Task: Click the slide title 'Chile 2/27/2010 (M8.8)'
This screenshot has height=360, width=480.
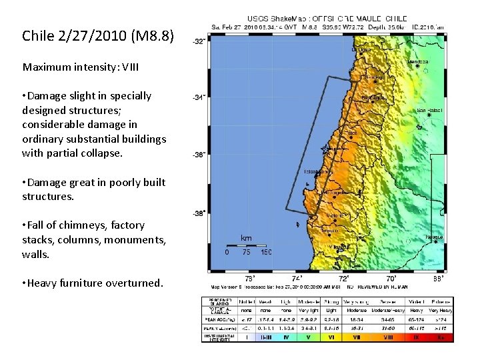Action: [x=97, y=35]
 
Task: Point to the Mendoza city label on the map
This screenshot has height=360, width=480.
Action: [x=418, y=62]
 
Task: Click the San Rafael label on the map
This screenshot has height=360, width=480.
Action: [x=429, y=111]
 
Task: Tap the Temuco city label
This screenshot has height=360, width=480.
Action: [x=329, y=231]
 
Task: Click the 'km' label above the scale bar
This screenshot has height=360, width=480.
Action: [x=246, y=238]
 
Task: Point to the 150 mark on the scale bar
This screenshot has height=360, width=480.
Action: [x=266, y=253]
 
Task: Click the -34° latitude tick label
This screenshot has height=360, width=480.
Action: [x=199, y=97]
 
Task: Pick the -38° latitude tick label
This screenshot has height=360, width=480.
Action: [x=199, y=214]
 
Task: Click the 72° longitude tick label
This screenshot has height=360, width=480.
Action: [x=344, y=278]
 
